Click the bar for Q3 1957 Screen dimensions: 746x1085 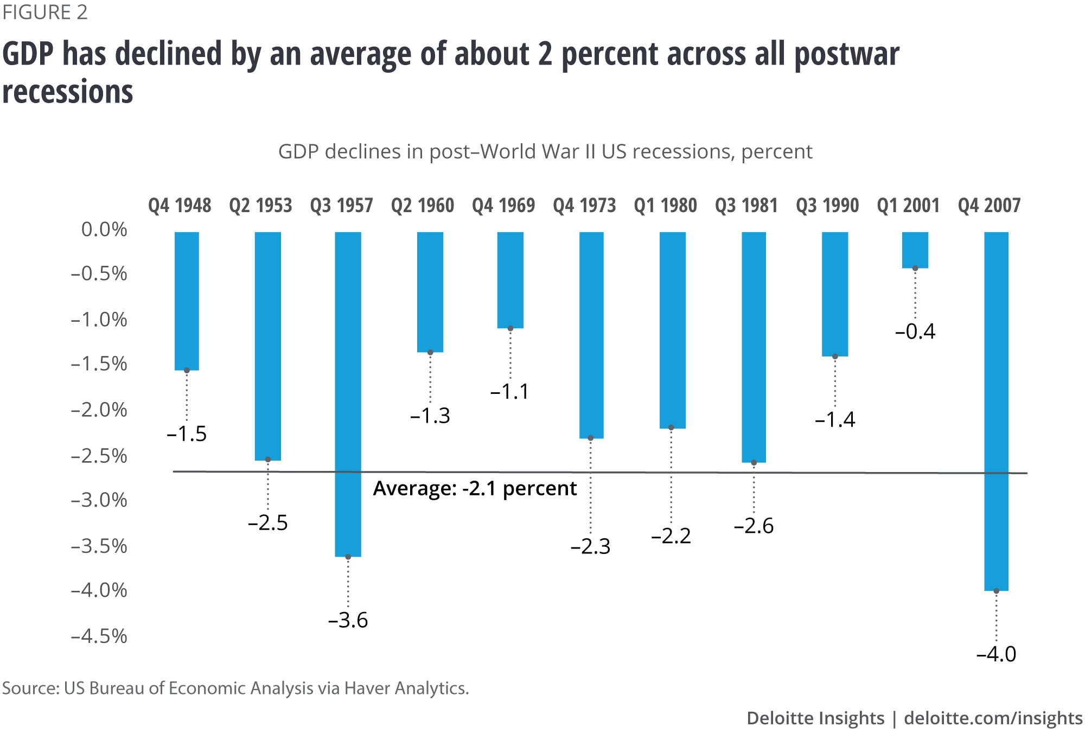(x=348, y=394)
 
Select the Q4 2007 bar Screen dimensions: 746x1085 (x=996, y=411)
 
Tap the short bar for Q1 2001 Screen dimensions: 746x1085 (x=915, y=250)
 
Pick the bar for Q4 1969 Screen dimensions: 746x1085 (x=510, y=280)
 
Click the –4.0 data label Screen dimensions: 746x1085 (x=996, y=654)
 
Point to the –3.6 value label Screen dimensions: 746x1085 (x=348, y=620)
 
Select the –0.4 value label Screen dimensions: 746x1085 (x=915, y=331)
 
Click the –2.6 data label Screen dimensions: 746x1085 (x=754, y=526)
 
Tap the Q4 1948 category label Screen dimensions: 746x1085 (x=180, y=206)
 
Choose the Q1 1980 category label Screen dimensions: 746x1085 (x=665, y=206)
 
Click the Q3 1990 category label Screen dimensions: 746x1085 (x=827, y=206)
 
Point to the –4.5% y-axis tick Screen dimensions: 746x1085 (x=99, y=635)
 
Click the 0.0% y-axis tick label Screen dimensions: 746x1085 (x=104, y=229)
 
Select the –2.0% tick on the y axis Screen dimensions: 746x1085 (x=99, y=410)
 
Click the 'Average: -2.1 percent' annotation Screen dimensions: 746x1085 (x=475, y=488)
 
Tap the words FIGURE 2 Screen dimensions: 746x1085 (x=45, y=12)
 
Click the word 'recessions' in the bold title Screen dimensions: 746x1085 (x=68, y=91)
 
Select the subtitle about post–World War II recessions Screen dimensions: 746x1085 (x=545, y=151)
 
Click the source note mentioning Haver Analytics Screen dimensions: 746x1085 (x=235, y=688)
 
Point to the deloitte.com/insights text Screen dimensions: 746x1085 (x=993, y=718)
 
